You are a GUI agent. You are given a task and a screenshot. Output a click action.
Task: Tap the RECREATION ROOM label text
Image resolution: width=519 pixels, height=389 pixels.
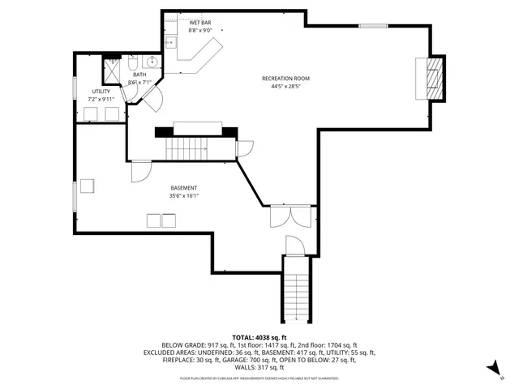(285, 79)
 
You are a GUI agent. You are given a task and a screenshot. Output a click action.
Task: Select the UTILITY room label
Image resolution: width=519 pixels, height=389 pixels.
(101, 92)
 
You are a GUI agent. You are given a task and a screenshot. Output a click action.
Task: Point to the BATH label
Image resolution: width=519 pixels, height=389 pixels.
(139, 75)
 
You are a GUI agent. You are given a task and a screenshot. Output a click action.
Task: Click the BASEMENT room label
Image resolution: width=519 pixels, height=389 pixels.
(182, 188)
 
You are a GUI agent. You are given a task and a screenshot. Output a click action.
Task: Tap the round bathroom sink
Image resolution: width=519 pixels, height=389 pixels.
(151, 61)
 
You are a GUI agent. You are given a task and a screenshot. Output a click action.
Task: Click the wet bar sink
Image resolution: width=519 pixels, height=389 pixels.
(171, 41)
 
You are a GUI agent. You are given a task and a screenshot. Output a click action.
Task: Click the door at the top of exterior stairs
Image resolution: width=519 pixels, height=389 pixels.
(294, 245)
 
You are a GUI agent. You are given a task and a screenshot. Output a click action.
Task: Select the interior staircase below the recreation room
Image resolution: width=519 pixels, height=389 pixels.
(186, 147)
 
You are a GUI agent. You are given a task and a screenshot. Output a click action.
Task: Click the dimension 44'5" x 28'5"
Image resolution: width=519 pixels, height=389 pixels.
(285, 86)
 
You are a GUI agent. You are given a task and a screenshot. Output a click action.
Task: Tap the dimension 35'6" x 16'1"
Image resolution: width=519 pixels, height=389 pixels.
(182, 195)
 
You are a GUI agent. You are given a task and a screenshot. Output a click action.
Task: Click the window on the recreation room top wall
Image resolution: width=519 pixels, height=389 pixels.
(373, 26)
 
